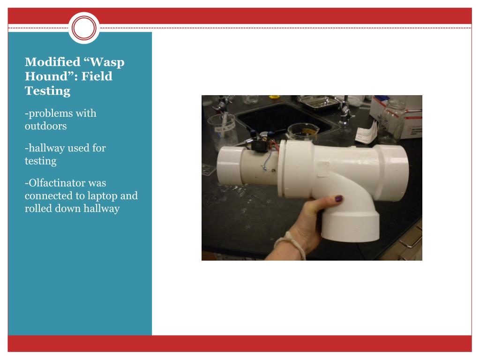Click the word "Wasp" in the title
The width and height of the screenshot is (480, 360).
click(x=107, y=62)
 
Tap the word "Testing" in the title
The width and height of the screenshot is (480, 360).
click(x=48, y=91)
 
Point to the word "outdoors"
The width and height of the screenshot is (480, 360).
click(x=45, y=126)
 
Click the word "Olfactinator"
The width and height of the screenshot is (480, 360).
click(x=67, y=183)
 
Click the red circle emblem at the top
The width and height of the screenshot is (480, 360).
click(x=84, y=28)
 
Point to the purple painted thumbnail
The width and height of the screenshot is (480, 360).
click(x=338, y=199)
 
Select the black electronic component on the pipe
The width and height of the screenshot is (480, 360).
click(x=260, y=146)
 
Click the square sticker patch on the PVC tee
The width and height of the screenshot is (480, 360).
click(x=323, y=169)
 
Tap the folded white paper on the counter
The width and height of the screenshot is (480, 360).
click(x=366, y=133)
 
